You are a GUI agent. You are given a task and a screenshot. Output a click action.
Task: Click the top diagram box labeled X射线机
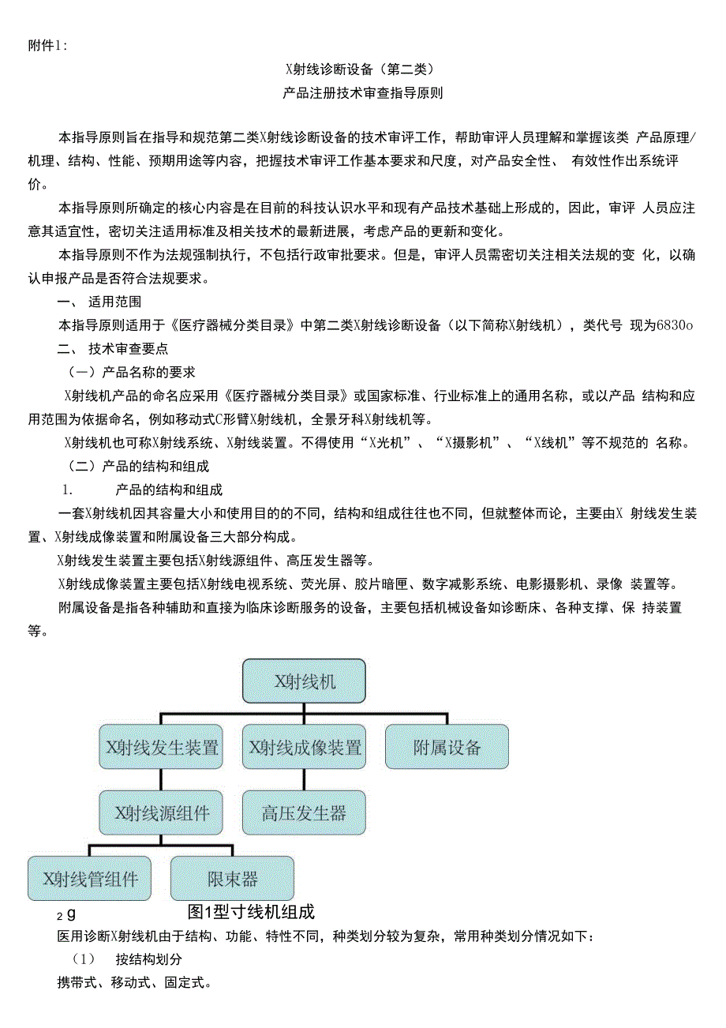coord(304,681)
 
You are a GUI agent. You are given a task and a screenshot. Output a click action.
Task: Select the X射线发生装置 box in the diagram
coord(161,746)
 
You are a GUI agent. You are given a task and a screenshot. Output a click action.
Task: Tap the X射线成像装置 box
coord(304,746)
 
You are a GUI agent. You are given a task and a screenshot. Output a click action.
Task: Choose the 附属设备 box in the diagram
coord(447,746)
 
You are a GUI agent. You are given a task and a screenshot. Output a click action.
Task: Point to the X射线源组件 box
coord(161,812)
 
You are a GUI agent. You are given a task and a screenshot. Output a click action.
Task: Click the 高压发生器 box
coord(304,812)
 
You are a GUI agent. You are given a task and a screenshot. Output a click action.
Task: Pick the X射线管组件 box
coord(89,878)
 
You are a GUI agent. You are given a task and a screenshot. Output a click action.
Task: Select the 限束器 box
coord(232,878)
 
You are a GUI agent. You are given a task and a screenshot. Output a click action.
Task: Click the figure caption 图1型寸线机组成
coord(251,912)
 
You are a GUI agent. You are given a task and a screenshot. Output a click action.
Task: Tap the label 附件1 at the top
coord(47,46)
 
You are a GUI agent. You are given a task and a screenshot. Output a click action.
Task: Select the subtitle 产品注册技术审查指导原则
coord(362,93)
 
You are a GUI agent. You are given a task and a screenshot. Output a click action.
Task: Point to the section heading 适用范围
coord(114,302)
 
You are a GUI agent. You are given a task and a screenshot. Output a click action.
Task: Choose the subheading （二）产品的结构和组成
coord(139,466)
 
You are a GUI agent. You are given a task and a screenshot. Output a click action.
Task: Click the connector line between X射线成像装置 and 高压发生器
coord(304,779)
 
